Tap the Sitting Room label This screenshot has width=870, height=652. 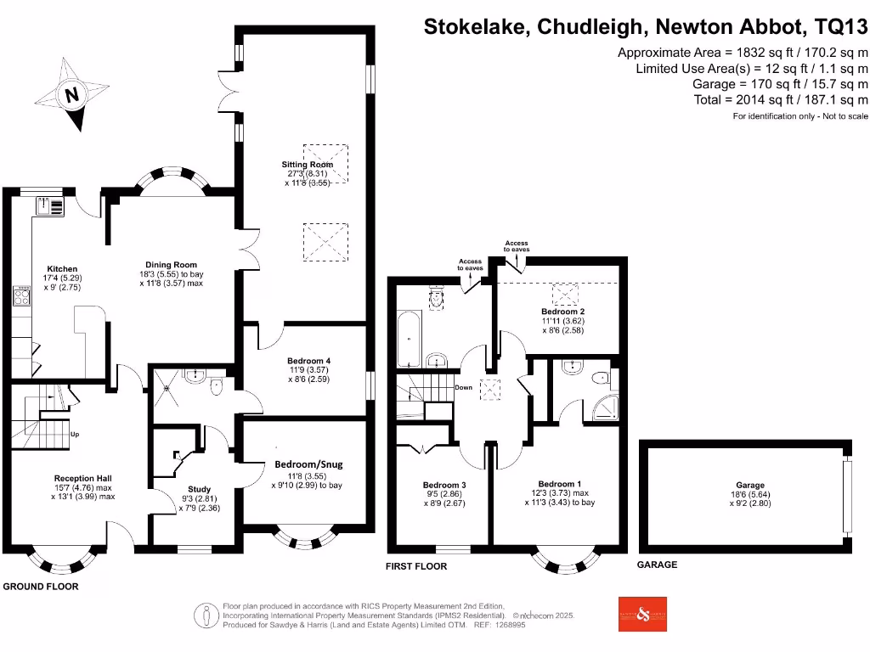[307, 165]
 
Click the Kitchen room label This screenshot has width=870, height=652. [61, 269]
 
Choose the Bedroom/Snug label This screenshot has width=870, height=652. [308, 464]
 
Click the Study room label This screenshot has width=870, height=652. [199, 489]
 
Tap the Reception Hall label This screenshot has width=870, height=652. [83, 478]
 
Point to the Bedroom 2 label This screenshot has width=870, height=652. [563, 312]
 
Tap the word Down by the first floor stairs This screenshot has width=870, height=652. [464, 387]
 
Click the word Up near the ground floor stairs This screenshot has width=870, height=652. [76, 435]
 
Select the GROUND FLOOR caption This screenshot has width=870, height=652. [41, 587]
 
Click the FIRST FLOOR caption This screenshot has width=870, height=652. [416, 566]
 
